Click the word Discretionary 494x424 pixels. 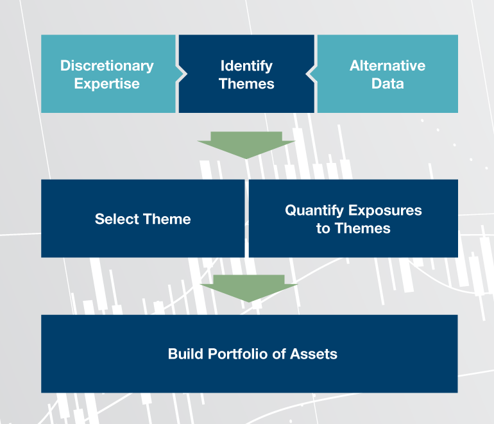click(106, 66)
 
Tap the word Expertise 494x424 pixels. click(106, 84)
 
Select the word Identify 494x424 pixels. click(246, 66)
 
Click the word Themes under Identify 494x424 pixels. click(246, 84)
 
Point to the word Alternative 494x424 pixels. click(388, 65)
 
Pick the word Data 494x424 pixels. click(388, 83)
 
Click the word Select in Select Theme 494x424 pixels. click(117, 219)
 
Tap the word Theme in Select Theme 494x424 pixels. click(167, 219)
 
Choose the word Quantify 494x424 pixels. click(314, 211)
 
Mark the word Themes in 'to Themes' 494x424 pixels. click(362, 228)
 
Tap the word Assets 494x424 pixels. click(314, 353)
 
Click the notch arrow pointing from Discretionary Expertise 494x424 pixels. click(182, 74)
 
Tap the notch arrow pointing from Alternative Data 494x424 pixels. click(311, 74)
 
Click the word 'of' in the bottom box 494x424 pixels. click(279, 353)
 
